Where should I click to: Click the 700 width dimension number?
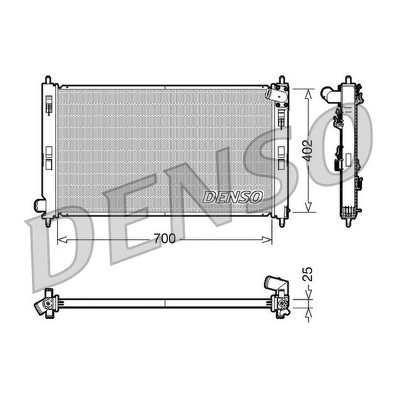(x=165, y=238)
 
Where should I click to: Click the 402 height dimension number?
(x=308, y=151)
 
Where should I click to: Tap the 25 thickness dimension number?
(x=308, y=274)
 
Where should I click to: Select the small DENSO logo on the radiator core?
(x=232, y=197)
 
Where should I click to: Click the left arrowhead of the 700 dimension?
(x=62, y=240)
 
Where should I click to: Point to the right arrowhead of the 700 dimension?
(x=267, y=240)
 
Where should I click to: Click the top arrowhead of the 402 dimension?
(x=308, y=95)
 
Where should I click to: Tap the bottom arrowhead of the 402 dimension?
(x=308, y=206)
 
